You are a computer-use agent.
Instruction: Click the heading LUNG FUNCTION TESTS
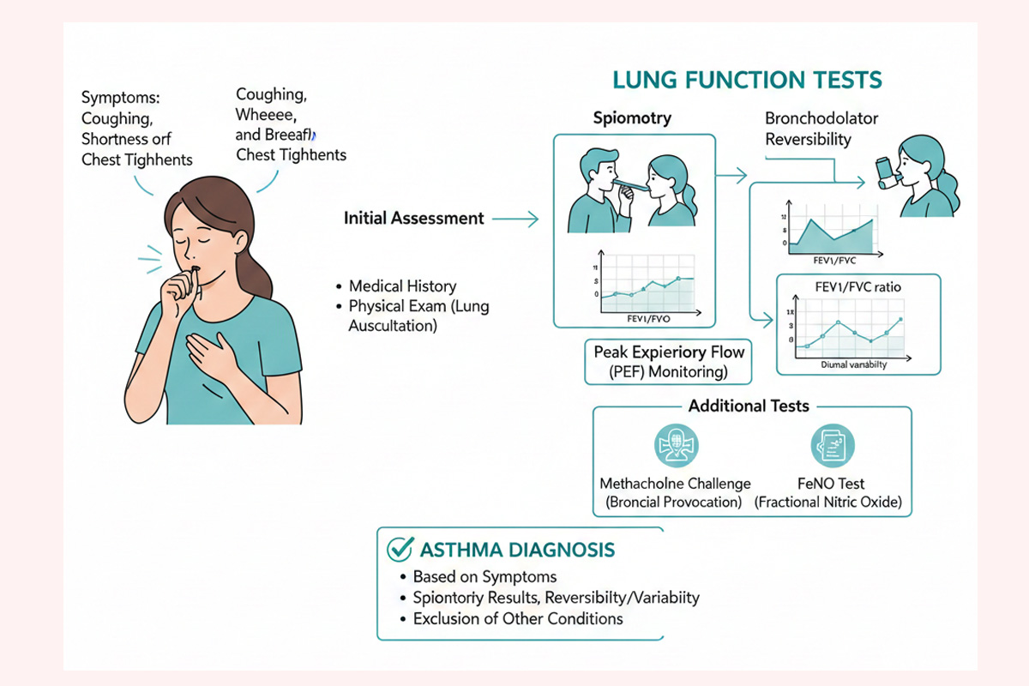pos(746,81)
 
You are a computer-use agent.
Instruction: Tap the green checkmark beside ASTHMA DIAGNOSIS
pos(397,549)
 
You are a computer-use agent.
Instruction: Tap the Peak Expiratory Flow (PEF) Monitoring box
pos(669,362)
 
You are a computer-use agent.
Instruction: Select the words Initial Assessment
pos(413,219)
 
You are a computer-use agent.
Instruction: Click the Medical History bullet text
pos(402,286)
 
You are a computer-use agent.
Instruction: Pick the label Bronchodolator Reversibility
pos(821,129)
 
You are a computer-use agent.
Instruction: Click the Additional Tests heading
pos(749,406)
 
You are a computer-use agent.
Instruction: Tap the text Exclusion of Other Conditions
pos(517,618)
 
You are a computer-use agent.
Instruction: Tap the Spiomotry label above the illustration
pos(633,118)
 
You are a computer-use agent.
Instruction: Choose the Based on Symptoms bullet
pos(484,577)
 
